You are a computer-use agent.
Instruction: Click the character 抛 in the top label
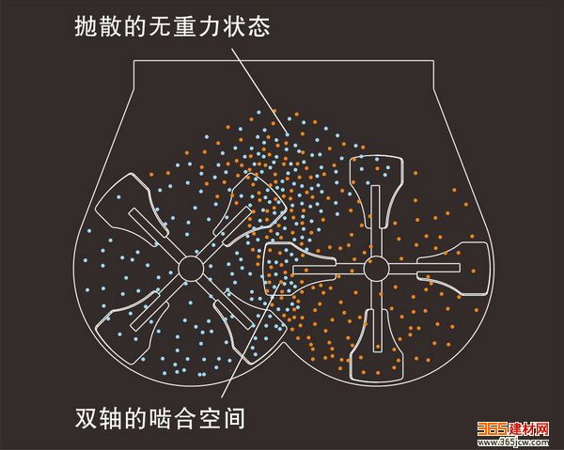pyautogui.click(x=86, y=27)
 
